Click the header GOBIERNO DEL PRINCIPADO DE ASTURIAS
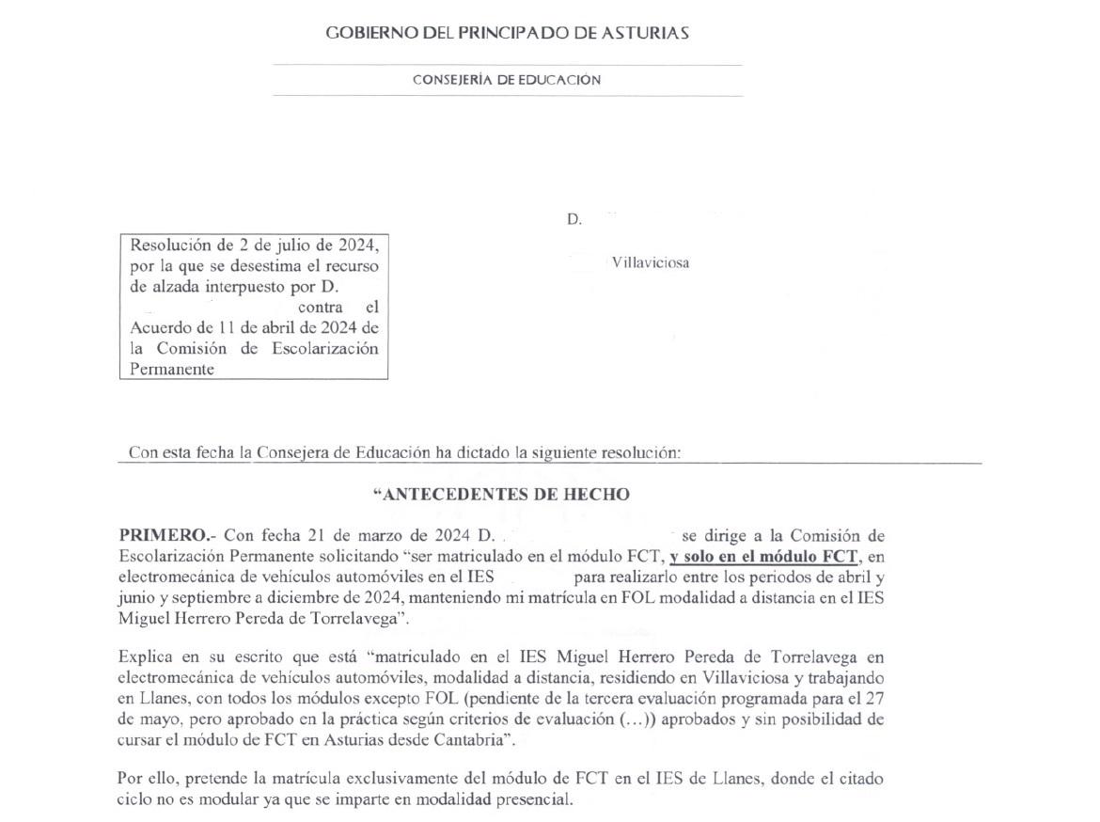507,33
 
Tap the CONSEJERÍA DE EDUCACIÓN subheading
507,80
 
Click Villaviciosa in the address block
650,262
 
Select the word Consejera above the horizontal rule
303,452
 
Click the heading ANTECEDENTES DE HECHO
501,495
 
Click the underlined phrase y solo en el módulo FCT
763,557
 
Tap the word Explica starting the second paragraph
144,656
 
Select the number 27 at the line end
874,698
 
